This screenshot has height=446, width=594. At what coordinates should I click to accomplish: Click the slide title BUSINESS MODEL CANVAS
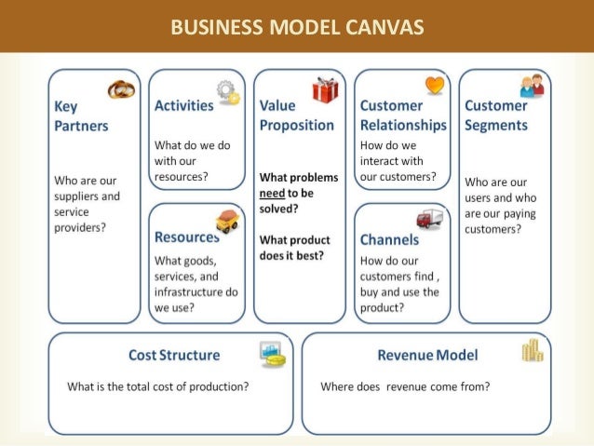pyautogui.click(x=297, y=27)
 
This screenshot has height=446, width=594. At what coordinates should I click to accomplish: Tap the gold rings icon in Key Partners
pyautogui.click(x=122, y=89)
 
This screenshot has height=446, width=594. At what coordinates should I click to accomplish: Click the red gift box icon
pyautogui.click(x=326, y=91)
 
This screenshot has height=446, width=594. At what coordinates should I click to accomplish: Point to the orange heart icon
pyautogui.click(x=435, y=87)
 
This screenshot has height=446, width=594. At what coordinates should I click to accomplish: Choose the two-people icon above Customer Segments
pyautogui.click(x=533, y=87)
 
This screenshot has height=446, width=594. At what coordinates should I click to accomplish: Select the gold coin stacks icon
pyautogui.click(x=532, y=350)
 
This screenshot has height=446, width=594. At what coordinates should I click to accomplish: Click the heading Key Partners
pyautogui.click(x=81, y=115)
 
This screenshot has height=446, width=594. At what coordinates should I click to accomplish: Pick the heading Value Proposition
pyautogui.click(x=297, y=115)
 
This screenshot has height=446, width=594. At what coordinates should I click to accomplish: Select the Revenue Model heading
pyautogui.click(x=427, y=355)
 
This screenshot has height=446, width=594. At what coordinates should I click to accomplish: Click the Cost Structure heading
pyautogui.click(x=175, y=355)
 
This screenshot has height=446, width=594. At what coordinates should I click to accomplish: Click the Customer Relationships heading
pyautogui.click(x=403, y=115)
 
